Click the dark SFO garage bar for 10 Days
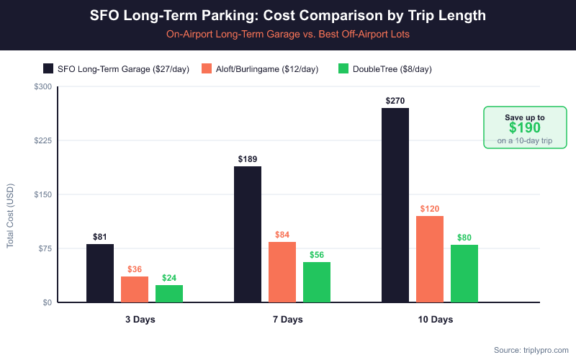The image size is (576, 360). click(395, 205)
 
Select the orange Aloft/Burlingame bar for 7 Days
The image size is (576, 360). click(282, 272)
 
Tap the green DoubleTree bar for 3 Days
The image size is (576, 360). click(169, 294)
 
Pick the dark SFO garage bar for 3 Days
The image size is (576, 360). click(100, 273)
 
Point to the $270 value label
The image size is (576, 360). click(395, 101)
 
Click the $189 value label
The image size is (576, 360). click(248, 159)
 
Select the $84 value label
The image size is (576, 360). click(282, 235)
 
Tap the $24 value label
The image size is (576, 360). click(169, 278)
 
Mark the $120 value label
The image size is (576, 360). click(430, 209)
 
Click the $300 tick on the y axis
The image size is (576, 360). click(43, 86)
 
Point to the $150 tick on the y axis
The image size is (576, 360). click(43, 194)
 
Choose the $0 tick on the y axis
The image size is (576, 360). click(47, 302)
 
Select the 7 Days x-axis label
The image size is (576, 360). click(282, 319)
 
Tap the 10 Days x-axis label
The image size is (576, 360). click(430, 319)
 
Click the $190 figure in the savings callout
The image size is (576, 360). click(524, 128)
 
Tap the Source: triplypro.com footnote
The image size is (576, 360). click(530, 350)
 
